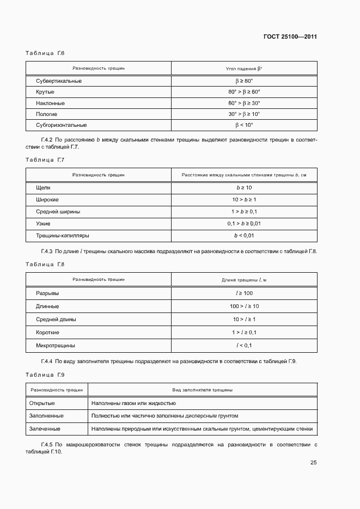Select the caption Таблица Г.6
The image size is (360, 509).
pos(45,53)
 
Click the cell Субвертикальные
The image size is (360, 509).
pos(59,81)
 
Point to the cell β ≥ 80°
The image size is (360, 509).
pos(244,81)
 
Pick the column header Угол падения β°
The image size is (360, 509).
pos(244,69)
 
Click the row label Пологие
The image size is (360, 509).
pos(47,114)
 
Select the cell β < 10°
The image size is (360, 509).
pos(244,125)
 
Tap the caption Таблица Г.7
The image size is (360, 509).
pos(45,160)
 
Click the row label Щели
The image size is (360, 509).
pos(43,187)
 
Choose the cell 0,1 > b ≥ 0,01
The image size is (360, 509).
pos(244,224)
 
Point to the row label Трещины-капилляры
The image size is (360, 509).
pos(62,236)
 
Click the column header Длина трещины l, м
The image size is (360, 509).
pos(244,279)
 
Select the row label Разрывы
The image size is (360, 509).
pos(47,293)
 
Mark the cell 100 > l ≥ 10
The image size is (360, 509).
pos(244,306)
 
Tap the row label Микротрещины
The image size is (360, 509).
pos(56,345)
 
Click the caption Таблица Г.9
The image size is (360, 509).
pos(45,375)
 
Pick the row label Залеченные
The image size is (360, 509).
pos(46,429)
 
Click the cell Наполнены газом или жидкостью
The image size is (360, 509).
pos(134,403)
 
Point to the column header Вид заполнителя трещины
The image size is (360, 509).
pos(203,390)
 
